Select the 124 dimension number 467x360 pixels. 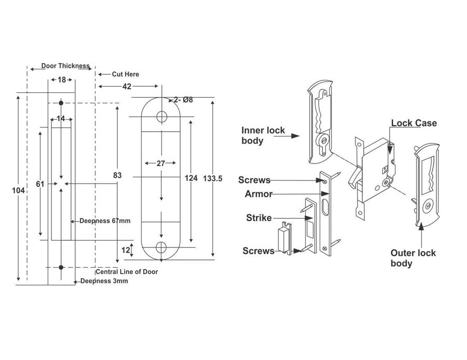(191, 178)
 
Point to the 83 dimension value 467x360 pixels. (117, 176)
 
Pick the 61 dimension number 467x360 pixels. (39, 184)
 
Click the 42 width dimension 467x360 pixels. (127, 87)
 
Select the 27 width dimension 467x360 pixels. (161, 163)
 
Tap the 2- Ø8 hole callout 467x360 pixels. (183, 100)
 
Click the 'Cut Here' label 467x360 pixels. (125, 74)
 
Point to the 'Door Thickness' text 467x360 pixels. (65, 66)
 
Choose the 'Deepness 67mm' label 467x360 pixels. (104, 220)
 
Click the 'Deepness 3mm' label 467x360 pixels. (104, 281)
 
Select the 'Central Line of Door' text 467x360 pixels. (127, 272)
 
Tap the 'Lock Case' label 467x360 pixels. (414, 123)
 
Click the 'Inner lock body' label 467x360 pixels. (263, 135)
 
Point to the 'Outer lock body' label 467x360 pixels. (413, 258)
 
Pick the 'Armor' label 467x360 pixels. (258, 194)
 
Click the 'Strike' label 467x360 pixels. (258, 218)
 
